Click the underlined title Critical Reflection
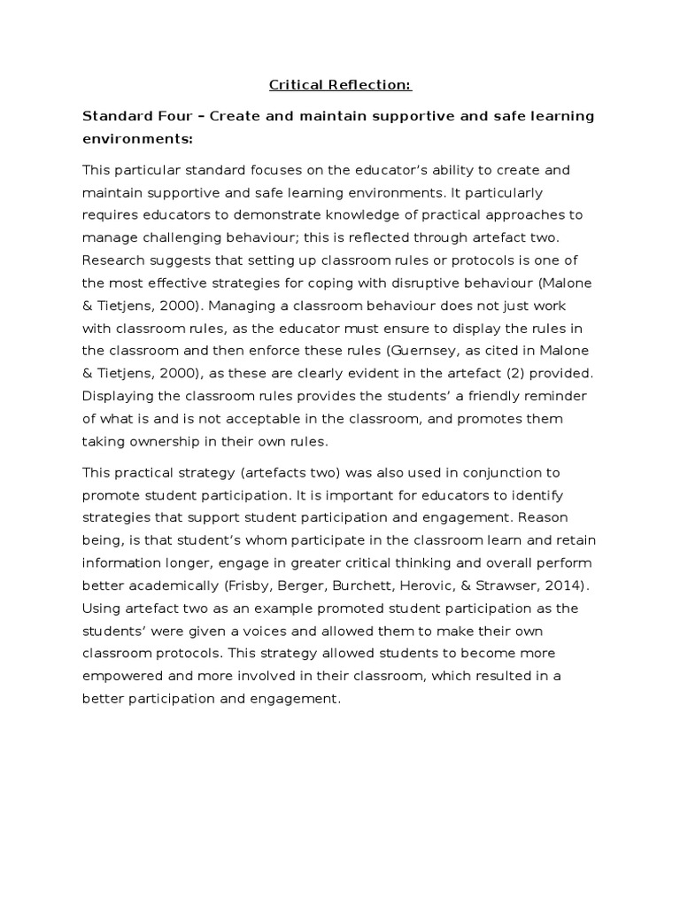point(341,86)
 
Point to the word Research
point(112,261)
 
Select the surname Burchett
point(385,585)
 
